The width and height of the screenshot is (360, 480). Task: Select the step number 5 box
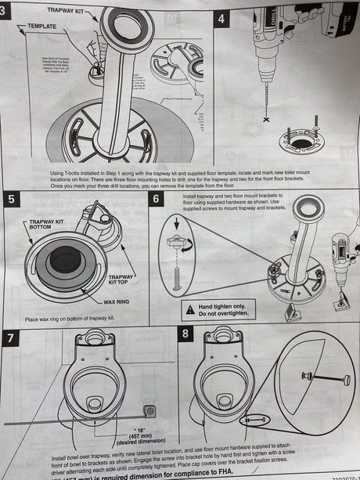(11, 199)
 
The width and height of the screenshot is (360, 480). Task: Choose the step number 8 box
(185, 334)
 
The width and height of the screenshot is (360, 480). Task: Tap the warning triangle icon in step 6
(190, 309)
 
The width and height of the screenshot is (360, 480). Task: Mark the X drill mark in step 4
(266, 119)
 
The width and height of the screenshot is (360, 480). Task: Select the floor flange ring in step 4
(301, 142)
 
